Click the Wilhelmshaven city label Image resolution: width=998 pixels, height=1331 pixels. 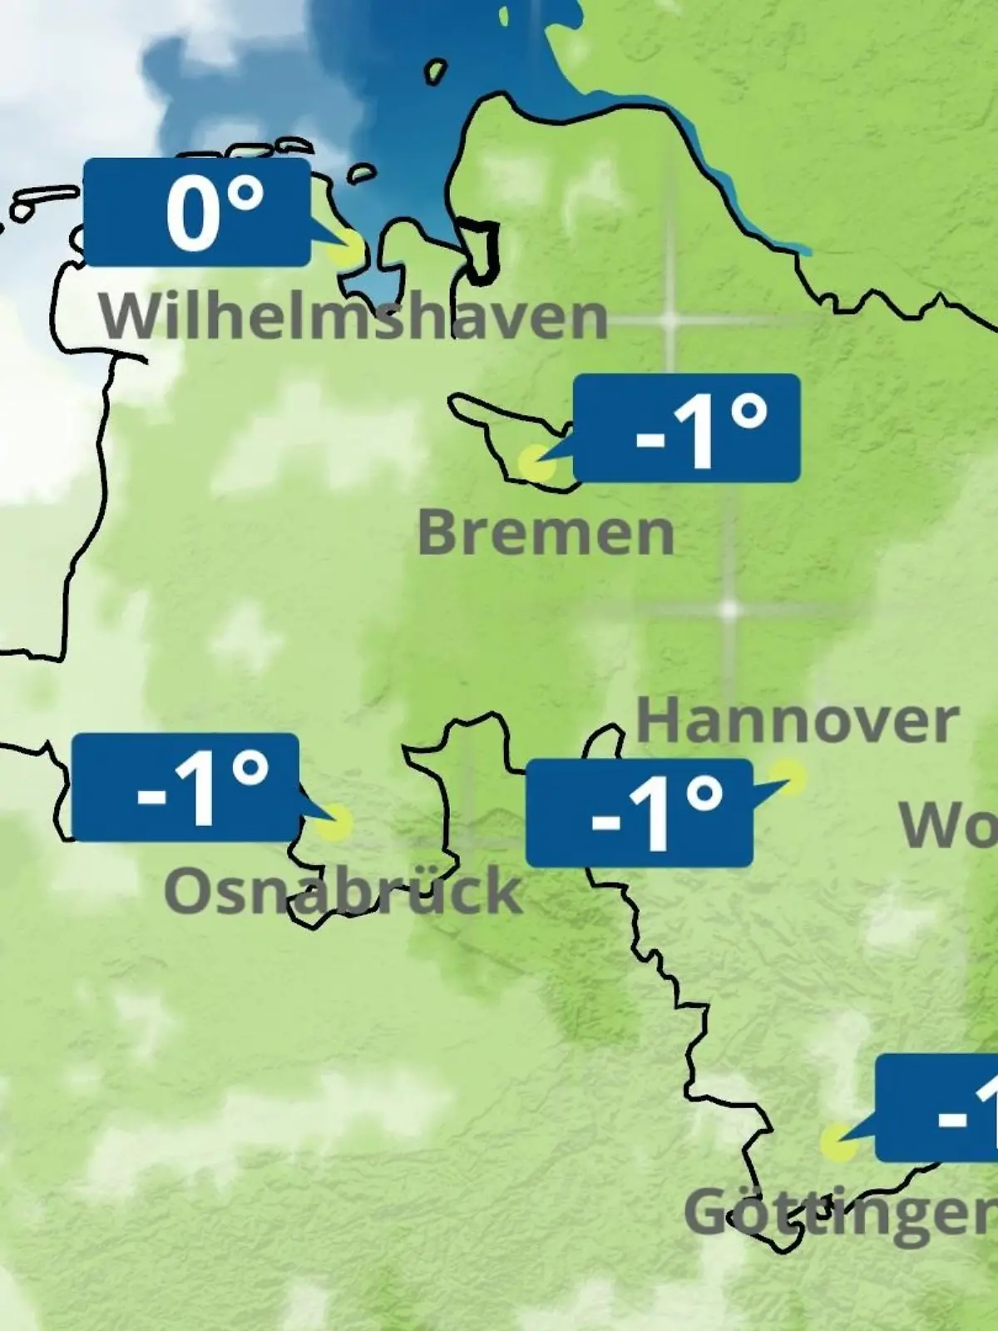tap(353, 316)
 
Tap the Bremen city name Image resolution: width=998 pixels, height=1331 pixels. tap(546, 532)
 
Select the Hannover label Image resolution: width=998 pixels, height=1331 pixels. tap(797, 722)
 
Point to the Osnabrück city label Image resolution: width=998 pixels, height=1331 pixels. tap(343, 890)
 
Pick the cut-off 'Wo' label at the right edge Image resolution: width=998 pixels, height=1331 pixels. tap(948, 825)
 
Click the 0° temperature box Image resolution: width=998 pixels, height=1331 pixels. tap(197, 212)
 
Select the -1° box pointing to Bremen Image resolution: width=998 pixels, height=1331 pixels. tap(686, 428)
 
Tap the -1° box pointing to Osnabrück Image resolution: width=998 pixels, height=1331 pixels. tap(185, 787)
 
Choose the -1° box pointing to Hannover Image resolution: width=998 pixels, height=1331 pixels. tap(640, 813)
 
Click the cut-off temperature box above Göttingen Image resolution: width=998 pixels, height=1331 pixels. tap(937, 1107)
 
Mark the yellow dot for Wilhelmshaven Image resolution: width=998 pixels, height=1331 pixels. tap(346, 248)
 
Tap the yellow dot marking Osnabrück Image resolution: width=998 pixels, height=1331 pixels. tap(335, 823)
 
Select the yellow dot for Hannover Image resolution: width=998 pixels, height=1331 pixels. tap(790, 777)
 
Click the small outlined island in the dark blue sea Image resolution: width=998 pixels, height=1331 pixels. tap(435, 72)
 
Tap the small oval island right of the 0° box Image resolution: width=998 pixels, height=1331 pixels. tap(362, 174)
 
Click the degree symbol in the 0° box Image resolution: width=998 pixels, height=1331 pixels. tap(245, 196)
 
